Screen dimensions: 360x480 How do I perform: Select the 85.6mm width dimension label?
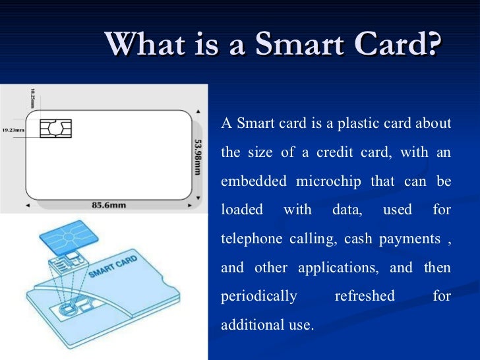tap(109, 206)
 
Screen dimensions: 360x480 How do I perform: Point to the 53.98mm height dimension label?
tap(198, 156)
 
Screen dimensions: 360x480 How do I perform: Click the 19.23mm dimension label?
tap(13, 130)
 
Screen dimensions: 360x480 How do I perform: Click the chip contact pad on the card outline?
tap(55, 129)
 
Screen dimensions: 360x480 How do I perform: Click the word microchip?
tap(327, 181)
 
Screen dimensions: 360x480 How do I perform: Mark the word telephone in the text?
tap(252, 239)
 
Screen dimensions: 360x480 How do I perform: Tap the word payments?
tap(409, 239)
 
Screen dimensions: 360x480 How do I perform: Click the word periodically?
tap(258, 297)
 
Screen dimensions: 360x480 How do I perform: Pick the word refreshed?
tap(364, 297)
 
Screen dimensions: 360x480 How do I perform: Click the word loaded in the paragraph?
tap(241, 210)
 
